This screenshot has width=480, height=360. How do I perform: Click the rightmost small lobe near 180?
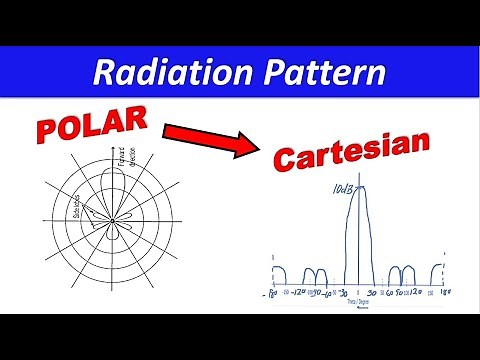[x=438, y=273]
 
